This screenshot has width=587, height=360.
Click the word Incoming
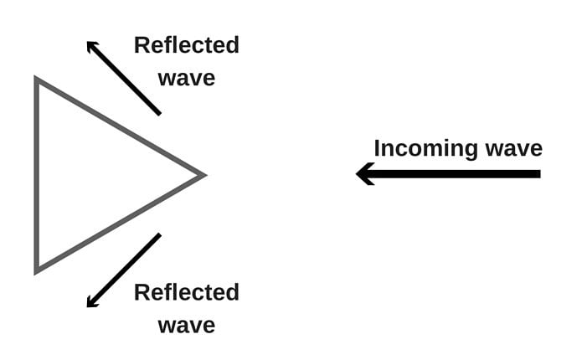425,149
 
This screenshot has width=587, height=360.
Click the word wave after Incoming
512,149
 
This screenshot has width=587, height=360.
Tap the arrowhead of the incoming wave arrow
362,174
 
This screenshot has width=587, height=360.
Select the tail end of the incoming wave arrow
538,174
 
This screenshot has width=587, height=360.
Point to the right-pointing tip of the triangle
203,175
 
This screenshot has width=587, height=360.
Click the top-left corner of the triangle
36,80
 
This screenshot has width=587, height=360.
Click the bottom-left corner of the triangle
36,270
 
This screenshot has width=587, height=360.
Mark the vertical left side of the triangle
36,175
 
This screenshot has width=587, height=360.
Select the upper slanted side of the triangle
119,126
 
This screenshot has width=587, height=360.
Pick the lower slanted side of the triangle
119,224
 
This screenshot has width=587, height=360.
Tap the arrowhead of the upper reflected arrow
90,44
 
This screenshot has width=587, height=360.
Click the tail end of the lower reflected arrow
158,235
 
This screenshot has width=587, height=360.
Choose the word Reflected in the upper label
186,45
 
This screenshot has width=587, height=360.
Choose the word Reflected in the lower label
186,292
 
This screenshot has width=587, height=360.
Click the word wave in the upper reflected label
186,78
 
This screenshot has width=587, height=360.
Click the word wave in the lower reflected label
186,325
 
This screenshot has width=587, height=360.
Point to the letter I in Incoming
378,148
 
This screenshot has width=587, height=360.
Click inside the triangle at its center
91,175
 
